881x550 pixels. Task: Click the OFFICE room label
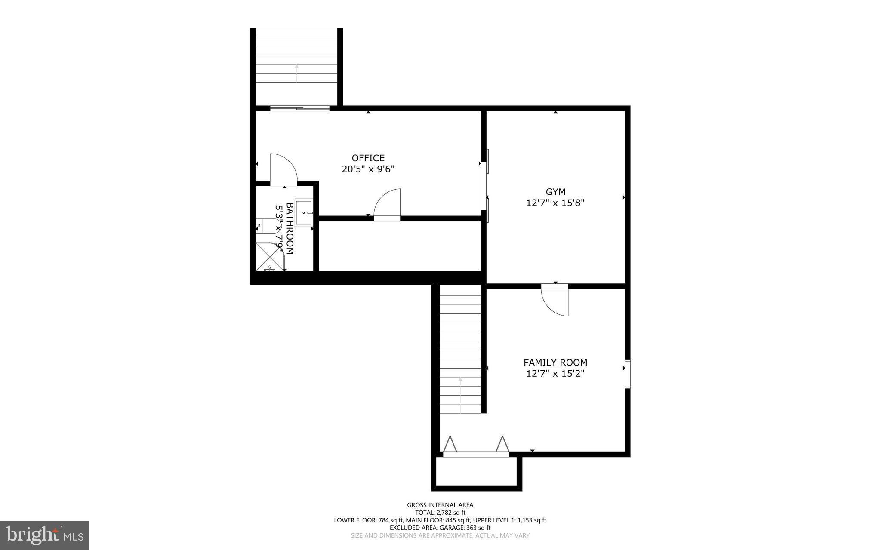click(x=368, y=158)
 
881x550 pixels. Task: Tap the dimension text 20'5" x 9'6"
click(x=368, y=169)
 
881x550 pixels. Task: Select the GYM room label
click(x=555, y=192)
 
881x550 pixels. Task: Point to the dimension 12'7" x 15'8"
click(x=555, y=203)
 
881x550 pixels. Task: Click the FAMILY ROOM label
click(x=555, y=363)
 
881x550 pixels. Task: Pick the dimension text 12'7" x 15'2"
click(x=555, y=373)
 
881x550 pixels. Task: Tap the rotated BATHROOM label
click(x=290, y=228)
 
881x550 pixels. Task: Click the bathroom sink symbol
click(x=304, y=213)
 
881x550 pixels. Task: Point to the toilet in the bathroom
click(x=263, y=226)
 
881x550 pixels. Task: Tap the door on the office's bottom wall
click(x=388, y=206)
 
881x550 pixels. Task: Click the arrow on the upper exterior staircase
click(x=296, y=73)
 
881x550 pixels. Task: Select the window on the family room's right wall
click(x=628, y=374)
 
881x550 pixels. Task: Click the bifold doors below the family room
click(x=475, y=447)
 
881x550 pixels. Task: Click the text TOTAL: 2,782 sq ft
click(x=440, y=513)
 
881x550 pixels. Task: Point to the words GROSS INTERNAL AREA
click(x=440, y=505)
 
